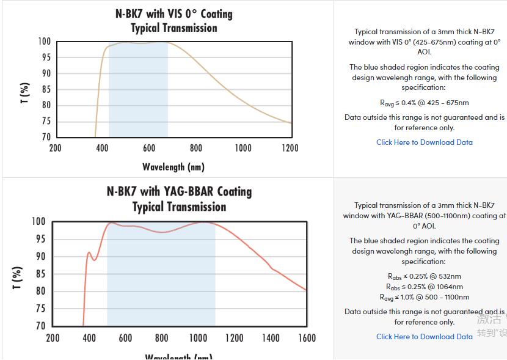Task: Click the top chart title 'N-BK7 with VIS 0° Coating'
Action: pyautogui.click(x=173, y=13)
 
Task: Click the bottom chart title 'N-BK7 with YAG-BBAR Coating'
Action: pyautogui.click(x=179, y=191)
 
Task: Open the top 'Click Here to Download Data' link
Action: pyautogui.click(x=424, y=142)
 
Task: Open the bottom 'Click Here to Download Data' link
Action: pyautogui.click(x=424, y=337)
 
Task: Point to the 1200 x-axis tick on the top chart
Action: pyautogui.click(x=290, y=148)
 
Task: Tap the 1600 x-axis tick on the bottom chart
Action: pyautogui.click(x=307, y=338)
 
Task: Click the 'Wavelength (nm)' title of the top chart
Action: pyautogui.click(x=173, y=167)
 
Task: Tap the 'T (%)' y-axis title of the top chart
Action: pyautogui.click(x=25, y=93)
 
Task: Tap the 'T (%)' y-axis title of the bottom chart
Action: pyautogui.click(x=18, y=278)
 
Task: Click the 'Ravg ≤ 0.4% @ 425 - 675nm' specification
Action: pyautogui.click(x=424, y=103)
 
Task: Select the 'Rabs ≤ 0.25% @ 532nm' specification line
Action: pyautogui.click(x=424, y=276)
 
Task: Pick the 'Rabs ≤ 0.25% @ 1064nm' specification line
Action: pyautogui.click(x=424, y=287)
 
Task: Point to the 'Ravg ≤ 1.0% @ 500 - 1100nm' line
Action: pyautogui.click(x=424, y=297)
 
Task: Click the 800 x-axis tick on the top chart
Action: pyautogui.click(x=196, y=148)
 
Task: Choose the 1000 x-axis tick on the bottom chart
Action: pyautogui.click(x=198, y=338)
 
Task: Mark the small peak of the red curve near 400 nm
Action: pyautogui.click(x=89, y=252)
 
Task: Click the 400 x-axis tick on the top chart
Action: pyautogui.click(x=102, y=148)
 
